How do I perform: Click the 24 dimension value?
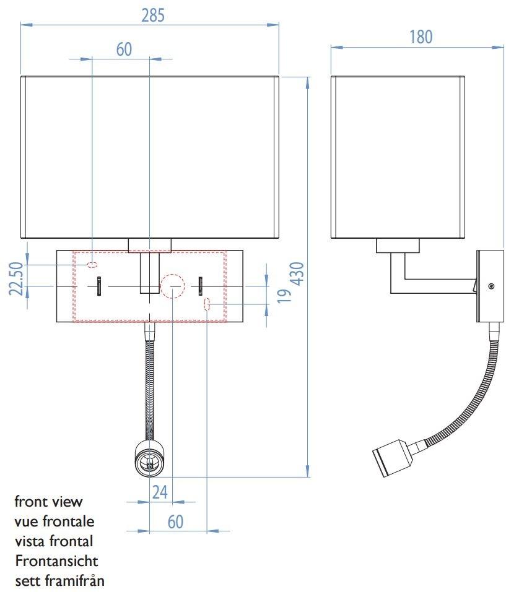tap(160, 492)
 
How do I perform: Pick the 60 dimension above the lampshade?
tap(124, 49)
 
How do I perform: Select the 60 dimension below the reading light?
tap(175, 521)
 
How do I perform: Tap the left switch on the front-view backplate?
tap(98, 287)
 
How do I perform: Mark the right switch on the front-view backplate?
tap(201, 286)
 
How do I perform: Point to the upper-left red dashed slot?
tap(92, 265)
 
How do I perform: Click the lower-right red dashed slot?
tap(207, 304)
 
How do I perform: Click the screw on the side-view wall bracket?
tap(491, 286)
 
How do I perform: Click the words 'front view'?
tap(48, 501)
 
